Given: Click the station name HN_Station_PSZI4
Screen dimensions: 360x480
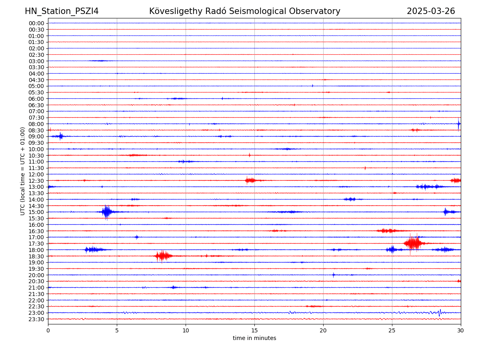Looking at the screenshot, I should pos(62,11).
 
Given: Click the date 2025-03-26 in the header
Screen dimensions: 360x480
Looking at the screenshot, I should pos(431,11).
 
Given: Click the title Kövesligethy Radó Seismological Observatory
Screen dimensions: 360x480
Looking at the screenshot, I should pos(244,11).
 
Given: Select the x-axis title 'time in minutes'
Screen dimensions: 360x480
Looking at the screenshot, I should pos(254,338).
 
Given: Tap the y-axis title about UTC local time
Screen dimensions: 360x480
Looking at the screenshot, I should pos(23,171).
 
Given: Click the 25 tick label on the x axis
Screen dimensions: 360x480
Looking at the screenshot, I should pos(392,331).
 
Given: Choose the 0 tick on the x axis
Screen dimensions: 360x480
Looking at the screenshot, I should pos(48,331).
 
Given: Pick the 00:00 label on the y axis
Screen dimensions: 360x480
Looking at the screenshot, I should pos(36,23).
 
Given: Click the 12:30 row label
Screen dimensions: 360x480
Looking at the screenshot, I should pos(36,181).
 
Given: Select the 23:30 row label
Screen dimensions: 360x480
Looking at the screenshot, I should pos(36,319).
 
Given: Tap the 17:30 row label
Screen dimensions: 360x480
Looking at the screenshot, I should pos(36,244).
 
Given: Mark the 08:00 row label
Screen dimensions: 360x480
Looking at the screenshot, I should pos(36,124).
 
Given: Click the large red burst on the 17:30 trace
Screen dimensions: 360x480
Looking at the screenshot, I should pos(414,243).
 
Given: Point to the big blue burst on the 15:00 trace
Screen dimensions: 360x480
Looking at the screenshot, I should pos(106,212).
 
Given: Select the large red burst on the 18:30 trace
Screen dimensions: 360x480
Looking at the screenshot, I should pos(163,256).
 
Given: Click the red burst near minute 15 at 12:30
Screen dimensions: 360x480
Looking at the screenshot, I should pos(250,180).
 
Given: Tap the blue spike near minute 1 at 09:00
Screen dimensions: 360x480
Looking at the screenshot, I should pos(60,136).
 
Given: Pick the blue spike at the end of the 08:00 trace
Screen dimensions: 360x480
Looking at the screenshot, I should pos(458,124).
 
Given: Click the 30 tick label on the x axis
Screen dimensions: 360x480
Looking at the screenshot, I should pos(461,331).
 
